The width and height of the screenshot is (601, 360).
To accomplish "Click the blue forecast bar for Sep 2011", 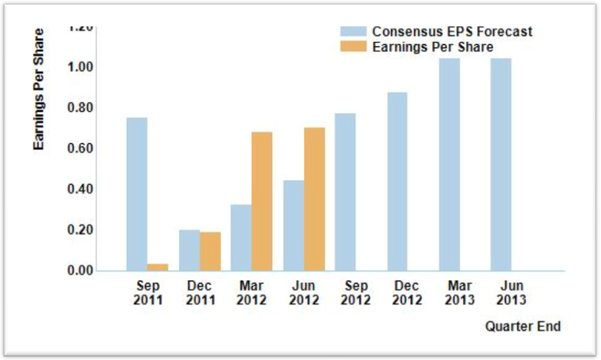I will [x=137, y=194].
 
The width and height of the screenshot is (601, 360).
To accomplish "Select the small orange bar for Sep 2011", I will [x=158, y=267].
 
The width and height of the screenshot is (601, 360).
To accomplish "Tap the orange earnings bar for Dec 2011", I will [x=210, y=251].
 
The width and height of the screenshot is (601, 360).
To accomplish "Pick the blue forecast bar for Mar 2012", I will [x=241, y=237].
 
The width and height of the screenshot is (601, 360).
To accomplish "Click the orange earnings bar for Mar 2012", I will [x=262, y=201].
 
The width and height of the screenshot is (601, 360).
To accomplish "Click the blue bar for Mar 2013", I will [x=450, y=164].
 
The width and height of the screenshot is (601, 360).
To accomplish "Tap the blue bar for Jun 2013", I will [x=501, y=164].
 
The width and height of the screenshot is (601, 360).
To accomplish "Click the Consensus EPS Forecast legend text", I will [x=452, y=32].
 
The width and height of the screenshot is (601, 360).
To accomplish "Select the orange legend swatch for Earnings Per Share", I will [x=353, y=47].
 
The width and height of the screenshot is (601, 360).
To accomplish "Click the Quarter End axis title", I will [x=522, y=326].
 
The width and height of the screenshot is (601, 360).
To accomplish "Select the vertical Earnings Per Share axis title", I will [x=39, y=88].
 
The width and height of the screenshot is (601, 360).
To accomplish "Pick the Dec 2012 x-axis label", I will [x=407, y=293].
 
